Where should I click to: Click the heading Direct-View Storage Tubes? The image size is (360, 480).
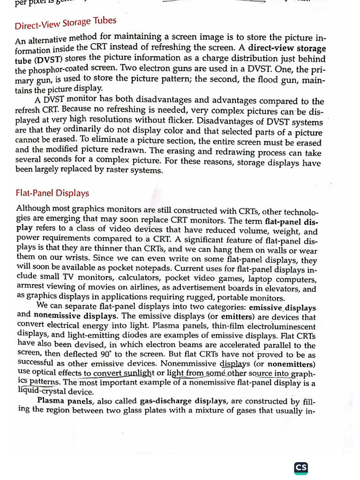pyautogui.click(x=65, y=22)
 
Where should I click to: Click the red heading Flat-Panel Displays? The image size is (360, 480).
pyautogui.click(x=52, y=193)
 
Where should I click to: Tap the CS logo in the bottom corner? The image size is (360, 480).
pyautogui.click(x=301, y=468)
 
